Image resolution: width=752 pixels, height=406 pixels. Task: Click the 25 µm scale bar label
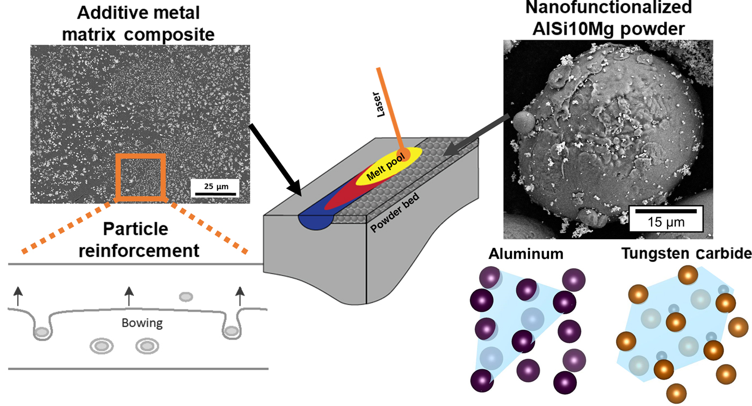coord(214,186)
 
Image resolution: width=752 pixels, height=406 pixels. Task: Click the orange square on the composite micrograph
coord(140,177)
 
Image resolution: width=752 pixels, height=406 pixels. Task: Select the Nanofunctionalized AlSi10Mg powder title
coord(608,19)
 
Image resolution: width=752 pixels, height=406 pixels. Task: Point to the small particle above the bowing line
coord(186,296)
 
